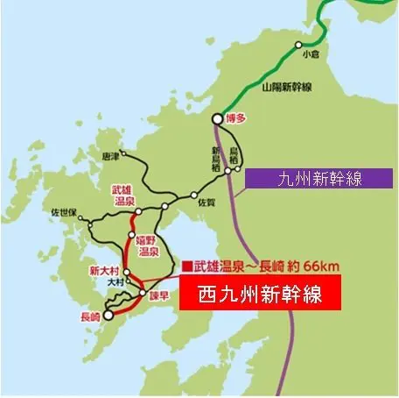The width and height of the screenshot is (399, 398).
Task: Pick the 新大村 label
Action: (103, 271)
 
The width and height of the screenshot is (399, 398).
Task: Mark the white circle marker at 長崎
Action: (108, 314)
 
